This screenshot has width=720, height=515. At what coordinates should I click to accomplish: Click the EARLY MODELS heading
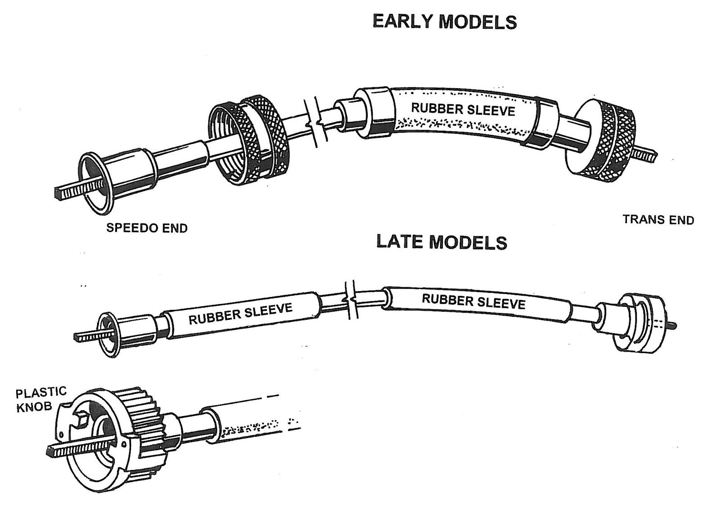(x=444, y=22)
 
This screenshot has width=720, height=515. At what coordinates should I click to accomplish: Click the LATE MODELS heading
(x=441, y=242)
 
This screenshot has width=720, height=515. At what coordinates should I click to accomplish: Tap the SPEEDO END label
(x=147, y=228)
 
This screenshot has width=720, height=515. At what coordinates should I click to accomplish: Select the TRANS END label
(x=658, y=220)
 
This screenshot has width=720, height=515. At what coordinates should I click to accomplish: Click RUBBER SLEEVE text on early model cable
(x=463, y=109)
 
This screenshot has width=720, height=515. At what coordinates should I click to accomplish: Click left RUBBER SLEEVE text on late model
(x=240, y=313)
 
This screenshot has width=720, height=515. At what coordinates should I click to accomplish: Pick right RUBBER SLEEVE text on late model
(x=473, y=301)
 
